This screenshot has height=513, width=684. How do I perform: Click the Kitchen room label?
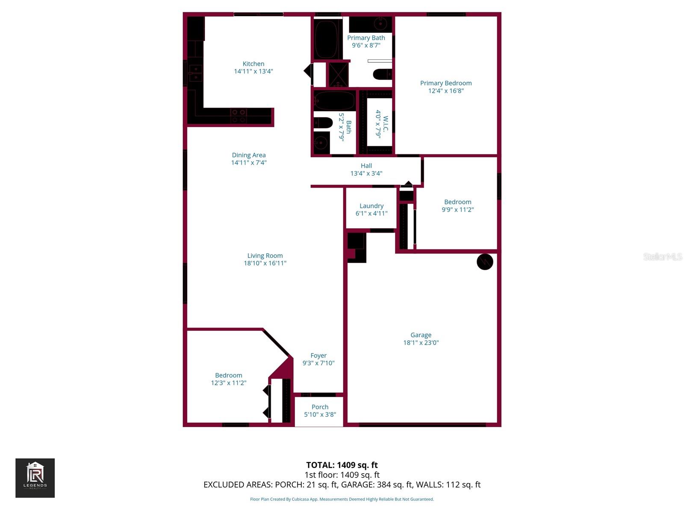253,64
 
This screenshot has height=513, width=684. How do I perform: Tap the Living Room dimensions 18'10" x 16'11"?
265,263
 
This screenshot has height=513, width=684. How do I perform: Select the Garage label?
421,335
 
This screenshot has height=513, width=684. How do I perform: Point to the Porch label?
320,407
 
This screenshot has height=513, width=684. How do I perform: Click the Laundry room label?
371,206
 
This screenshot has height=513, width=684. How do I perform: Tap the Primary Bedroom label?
445,83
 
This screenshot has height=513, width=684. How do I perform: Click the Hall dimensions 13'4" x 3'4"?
366,174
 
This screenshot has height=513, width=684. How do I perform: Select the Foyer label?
318,356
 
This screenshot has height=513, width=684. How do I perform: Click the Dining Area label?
248,155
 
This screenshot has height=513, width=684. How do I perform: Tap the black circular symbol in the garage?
485,262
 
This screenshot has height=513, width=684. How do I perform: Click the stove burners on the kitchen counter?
239,116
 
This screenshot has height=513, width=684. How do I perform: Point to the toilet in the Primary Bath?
382,74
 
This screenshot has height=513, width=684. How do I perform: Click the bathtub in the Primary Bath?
327,38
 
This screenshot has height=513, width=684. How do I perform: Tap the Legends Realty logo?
35,478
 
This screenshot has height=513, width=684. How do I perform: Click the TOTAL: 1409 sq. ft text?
342,465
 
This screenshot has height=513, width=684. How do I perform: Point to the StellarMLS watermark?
662,256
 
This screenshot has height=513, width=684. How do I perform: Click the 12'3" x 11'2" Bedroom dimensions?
228,383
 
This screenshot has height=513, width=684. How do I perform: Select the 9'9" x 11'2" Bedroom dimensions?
457,209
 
